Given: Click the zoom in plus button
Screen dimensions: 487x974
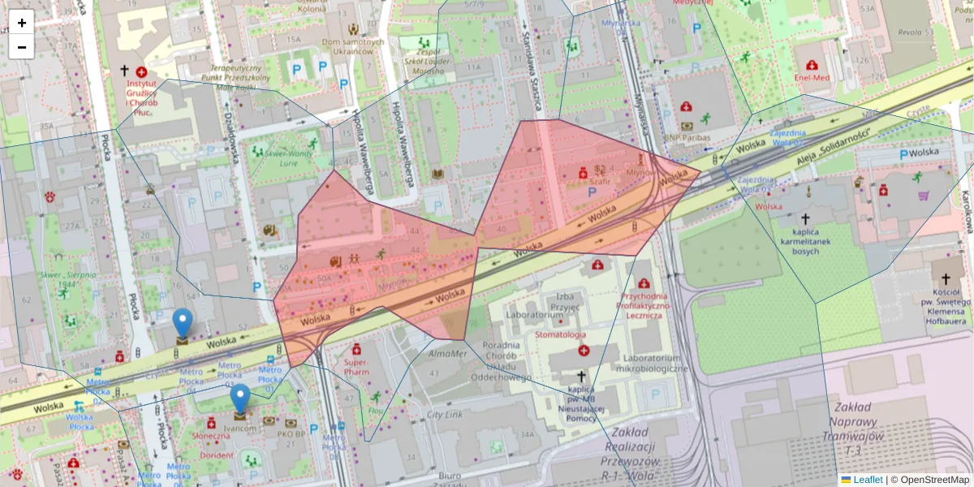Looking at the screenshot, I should coord(22,23).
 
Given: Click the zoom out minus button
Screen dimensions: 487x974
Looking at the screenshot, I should coord(22,46).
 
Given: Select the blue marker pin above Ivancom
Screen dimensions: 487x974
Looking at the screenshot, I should coord(239,399).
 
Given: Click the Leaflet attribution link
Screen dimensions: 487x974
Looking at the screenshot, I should coord(868,480).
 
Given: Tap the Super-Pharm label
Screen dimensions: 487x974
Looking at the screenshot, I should coord(356,368).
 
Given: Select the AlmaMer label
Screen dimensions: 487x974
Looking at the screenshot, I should coord(447,353).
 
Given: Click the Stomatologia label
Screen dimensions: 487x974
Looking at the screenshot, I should coord(560,334).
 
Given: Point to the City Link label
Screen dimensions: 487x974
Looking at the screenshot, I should coord(444,415).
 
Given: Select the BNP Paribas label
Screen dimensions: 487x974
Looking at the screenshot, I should coord(687,138).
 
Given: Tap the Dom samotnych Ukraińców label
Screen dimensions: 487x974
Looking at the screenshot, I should coord(352,47).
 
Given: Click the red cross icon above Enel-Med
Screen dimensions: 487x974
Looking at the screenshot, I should coord(812,65).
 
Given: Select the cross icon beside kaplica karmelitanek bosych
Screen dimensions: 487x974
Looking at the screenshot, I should coord(805,219).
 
